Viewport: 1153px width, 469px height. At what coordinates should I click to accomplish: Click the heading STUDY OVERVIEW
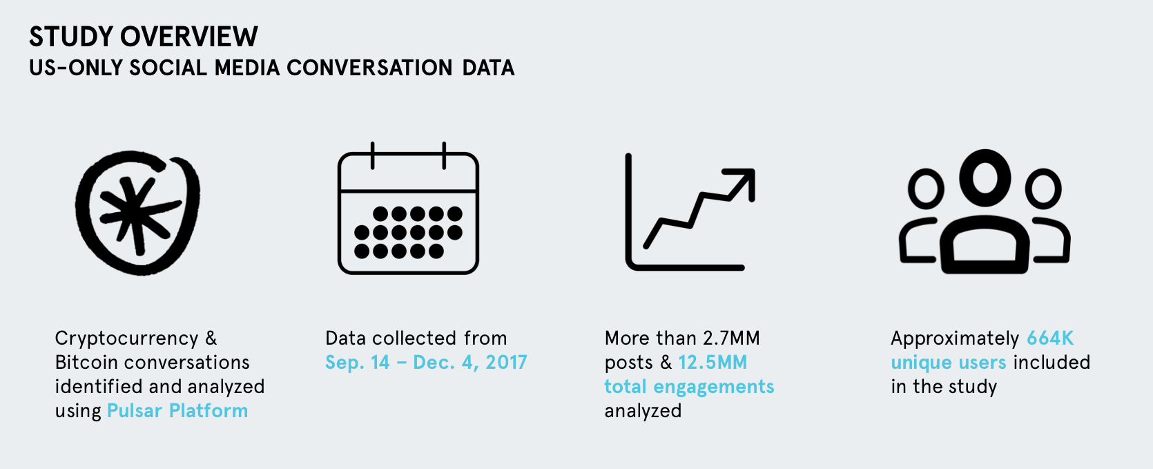pos(143,37)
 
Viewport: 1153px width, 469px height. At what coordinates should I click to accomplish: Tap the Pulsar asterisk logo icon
pos(138,213)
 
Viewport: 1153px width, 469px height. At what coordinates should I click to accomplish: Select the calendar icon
pos(408,208)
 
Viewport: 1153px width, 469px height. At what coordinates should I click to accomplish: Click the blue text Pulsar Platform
pos(177,411)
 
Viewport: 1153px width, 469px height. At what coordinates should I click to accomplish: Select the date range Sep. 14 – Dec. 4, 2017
pos(426,363)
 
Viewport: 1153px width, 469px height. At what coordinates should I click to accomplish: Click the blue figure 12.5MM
pos(713,363)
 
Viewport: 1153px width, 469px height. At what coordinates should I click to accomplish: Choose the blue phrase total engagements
pos(689,387)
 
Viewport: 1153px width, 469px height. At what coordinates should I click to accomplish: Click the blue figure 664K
pos(1050,338)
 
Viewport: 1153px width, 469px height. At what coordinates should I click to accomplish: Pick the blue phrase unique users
pos(949,363)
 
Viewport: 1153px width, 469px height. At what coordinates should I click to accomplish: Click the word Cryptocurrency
pos(126,338)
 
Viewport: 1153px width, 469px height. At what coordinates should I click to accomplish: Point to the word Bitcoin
pos(86,363)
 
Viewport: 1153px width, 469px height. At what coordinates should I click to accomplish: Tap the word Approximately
pos(955,338)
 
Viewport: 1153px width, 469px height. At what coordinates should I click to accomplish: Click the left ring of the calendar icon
pos(372,155)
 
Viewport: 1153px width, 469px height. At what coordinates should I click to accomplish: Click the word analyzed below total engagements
pos(643,411)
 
